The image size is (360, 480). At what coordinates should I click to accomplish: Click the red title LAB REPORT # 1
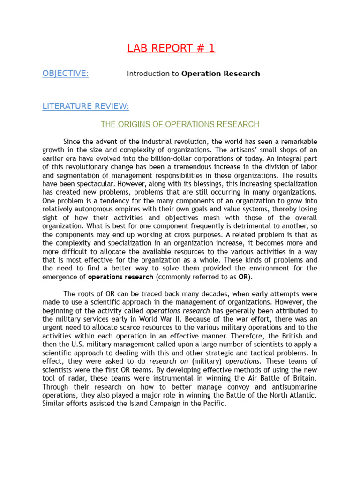click(x=171, y=48)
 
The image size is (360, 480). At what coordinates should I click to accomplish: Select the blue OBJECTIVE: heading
click(x=65, y=74)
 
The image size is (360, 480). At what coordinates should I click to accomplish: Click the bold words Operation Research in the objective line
click(x=220, y=74)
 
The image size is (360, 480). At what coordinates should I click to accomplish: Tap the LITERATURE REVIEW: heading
click(x=86, y=106)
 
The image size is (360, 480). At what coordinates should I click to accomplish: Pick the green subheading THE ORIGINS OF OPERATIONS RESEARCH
click(x=180, y=124)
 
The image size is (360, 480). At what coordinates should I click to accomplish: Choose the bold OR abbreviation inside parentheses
click(x=243, y=277)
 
